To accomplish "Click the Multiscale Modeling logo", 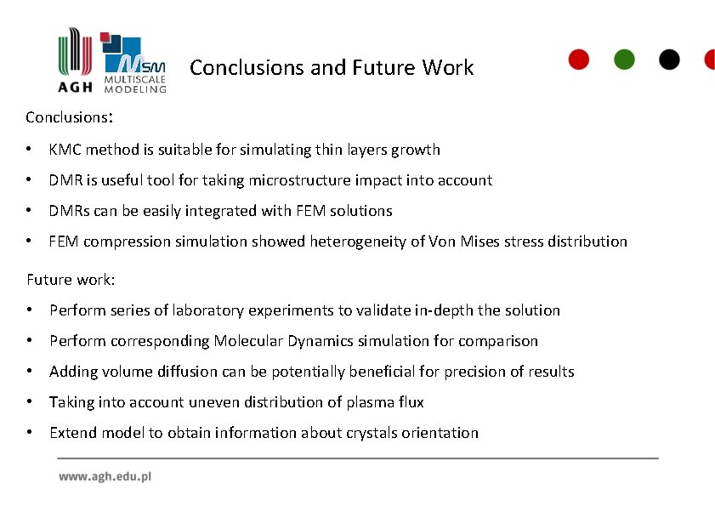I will tap(134, 63).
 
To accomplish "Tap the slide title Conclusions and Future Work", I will tap(332, 67).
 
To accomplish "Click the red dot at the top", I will tap(578, 60).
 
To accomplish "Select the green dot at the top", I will tap(624, 60).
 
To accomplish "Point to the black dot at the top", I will tap(670, 60).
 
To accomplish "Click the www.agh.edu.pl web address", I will tap(105, 477).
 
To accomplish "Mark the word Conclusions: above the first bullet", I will tap(70, 117).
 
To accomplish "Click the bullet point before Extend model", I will tap(31, 433).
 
